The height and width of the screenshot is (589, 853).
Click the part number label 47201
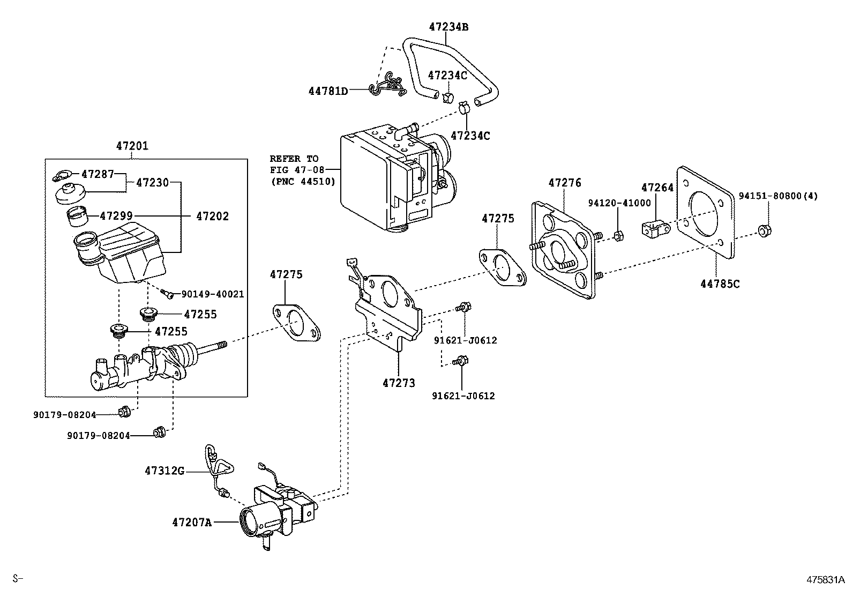tap(132, 146)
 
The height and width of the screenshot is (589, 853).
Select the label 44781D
tap(327, 91)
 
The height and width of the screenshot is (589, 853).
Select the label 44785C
tap(720, 284)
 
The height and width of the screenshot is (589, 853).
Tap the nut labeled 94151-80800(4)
tap(764, 232)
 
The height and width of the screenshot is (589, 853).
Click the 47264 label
tap(657, 187)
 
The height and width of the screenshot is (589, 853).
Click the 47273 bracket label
tap(399, 383)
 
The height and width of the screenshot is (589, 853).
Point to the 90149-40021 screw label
tap(212, 294)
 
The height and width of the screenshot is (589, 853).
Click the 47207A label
tap(191, 521)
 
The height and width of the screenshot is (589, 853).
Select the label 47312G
tap(164, 471)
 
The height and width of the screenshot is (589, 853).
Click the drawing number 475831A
tap(826, 579)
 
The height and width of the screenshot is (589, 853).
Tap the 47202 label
tap(212, 216)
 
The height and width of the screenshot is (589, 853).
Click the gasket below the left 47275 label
tap(296, 323)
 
